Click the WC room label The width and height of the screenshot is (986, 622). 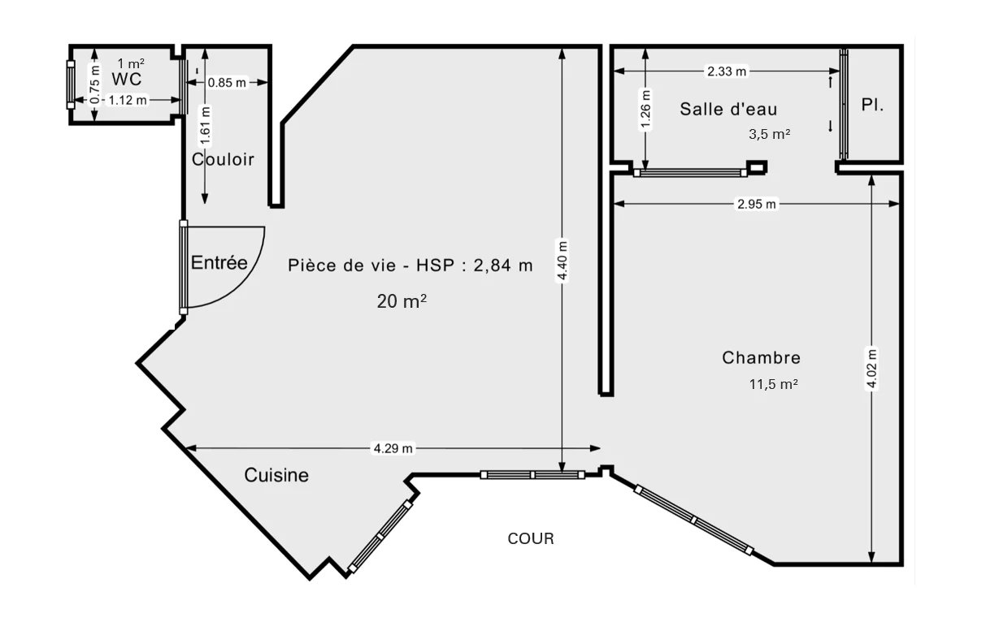pos(126,79)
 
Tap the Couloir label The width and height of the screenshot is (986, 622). pos(223,159)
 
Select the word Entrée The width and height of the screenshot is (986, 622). pos(219,262)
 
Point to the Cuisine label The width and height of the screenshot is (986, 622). pos(276,475)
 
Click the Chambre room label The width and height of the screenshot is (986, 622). pos(761,357)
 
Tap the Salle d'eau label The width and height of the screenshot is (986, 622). pos(728,109)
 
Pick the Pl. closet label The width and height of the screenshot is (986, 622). pos(872,105)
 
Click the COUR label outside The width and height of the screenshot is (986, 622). pos(531,538)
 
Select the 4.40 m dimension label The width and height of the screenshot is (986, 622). pos(562,260)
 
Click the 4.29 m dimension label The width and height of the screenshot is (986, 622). pos(393,448)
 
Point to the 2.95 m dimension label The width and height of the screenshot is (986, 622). pos(757,204)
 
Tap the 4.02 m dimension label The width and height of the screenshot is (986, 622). pos(871,369)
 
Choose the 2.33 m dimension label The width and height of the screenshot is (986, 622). pos(727,71)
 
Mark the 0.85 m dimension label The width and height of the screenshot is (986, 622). pos(227,83)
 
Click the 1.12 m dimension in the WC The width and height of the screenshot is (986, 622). pos(127,100)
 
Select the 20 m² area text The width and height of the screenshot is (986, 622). pos(402,301)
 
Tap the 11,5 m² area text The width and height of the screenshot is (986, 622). pos(773,384)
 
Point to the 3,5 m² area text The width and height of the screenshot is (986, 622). pos(769,134)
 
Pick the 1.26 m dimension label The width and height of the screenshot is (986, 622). pos(645,110)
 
